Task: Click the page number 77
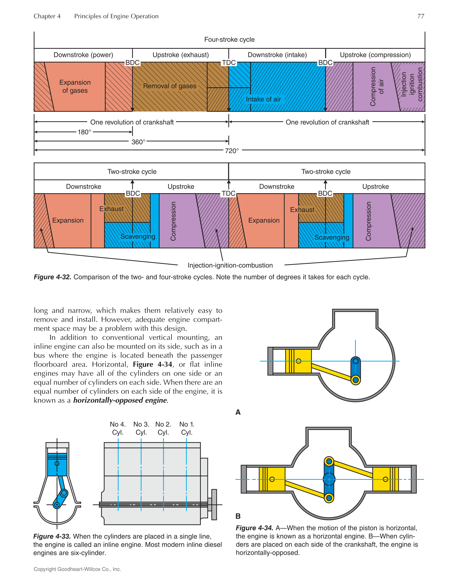421,16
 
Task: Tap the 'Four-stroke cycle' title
229,40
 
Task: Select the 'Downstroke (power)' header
83,55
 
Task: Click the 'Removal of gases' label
170,86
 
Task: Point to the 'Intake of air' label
263,99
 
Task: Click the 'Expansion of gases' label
75,86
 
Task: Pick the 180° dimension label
84,132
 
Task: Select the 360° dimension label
138,142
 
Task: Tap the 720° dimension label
232,151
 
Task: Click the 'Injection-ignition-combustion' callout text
230,265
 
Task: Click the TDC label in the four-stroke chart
229,63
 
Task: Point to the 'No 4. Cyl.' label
118,428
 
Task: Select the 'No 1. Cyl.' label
187,428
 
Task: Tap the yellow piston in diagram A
298,361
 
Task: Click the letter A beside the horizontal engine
238,412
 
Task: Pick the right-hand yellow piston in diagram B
385,479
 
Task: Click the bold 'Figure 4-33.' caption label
52,536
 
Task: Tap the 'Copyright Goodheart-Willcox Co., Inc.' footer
77,569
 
